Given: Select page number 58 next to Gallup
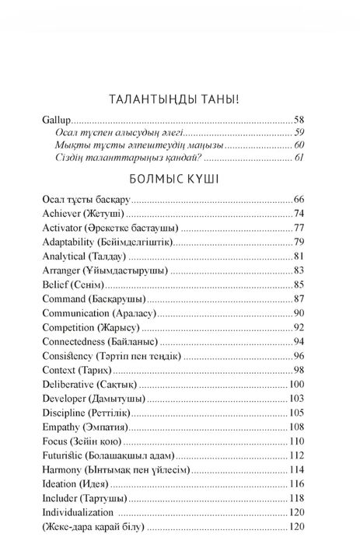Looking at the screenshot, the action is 301,120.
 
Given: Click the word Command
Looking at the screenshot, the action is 64,299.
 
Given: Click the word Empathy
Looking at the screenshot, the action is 61,427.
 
